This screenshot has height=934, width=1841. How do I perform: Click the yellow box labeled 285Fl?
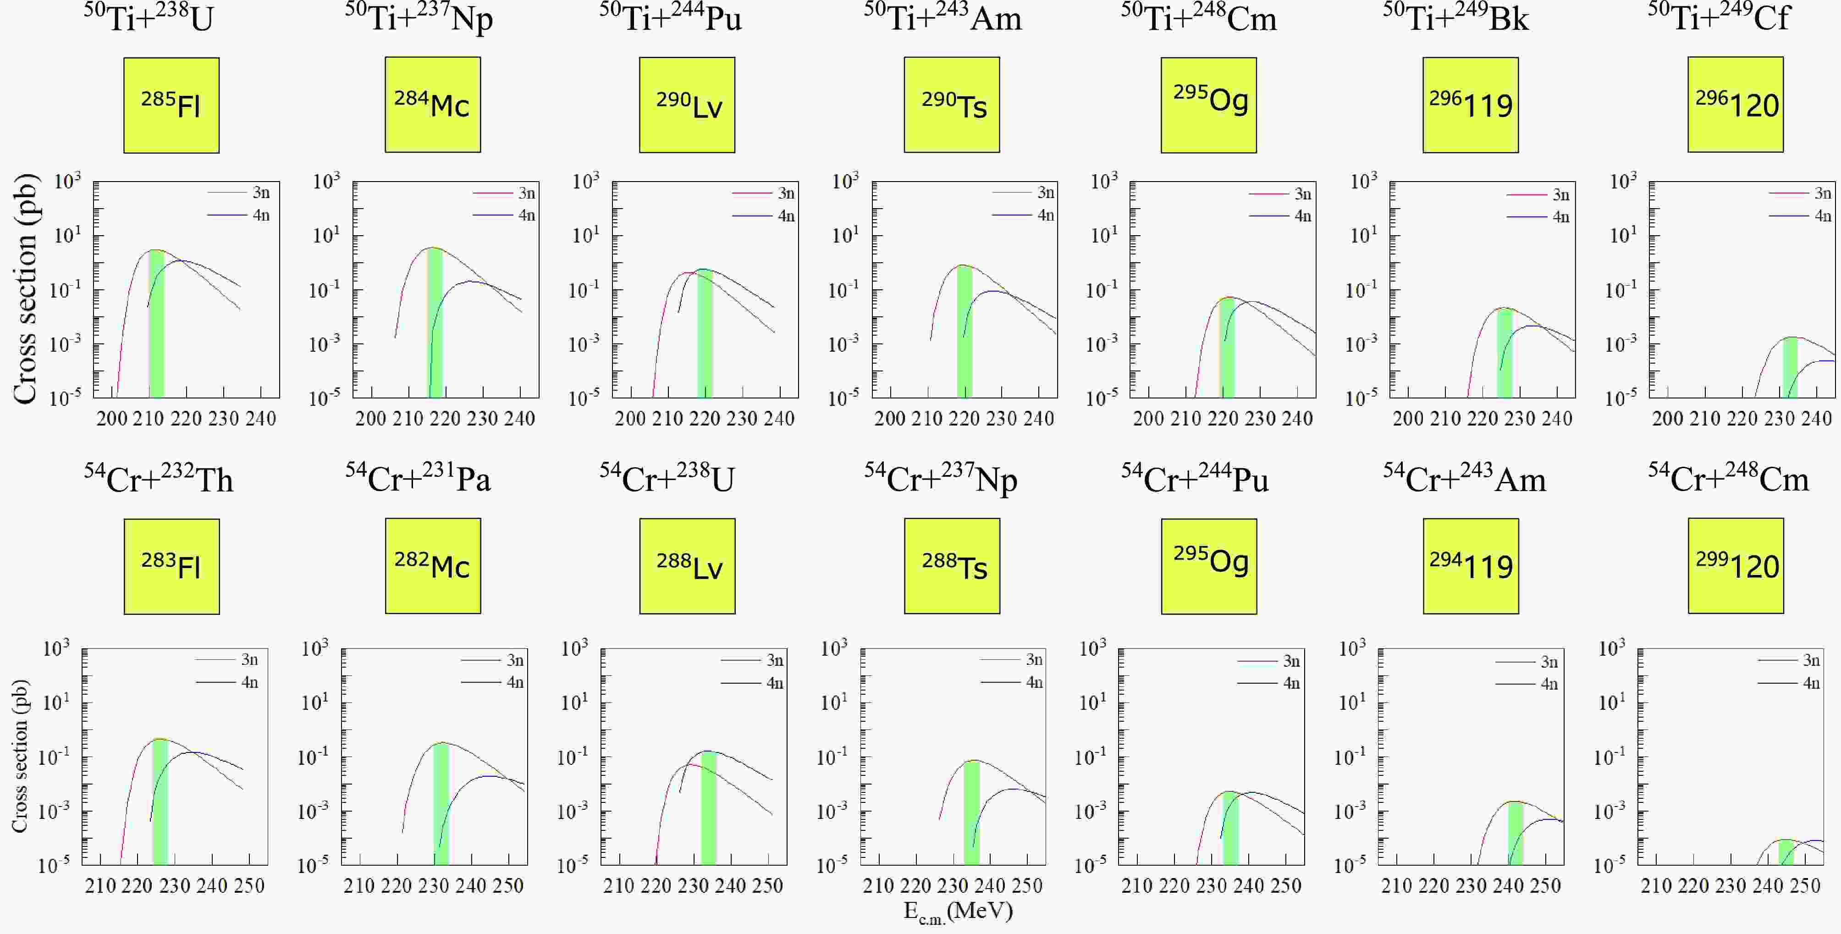[x=171, y=105]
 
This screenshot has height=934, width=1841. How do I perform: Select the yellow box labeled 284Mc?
[x=432, y=105]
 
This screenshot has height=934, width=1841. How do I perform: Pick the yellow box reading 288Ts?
[x=952, y=566]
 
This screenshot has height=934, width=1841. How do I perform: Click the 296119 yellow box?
[x=1470, y=105]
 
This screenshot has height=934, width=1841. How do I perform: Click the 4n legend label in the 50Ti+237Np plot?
[x=527, y=215]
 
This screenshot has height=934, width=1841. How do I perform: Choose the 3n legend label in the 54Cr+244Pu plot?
[x=1291, y=661]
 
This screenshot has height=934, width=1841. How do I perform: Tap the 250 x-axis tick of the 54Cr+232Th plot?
[x=249, y=886]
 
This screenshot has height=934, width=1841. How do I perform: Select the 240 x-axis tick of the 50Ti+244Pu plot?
[x=779, y=419]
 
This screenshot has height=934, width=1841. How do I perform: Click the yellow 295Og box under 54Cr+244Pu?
[x=1209, y=566]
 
